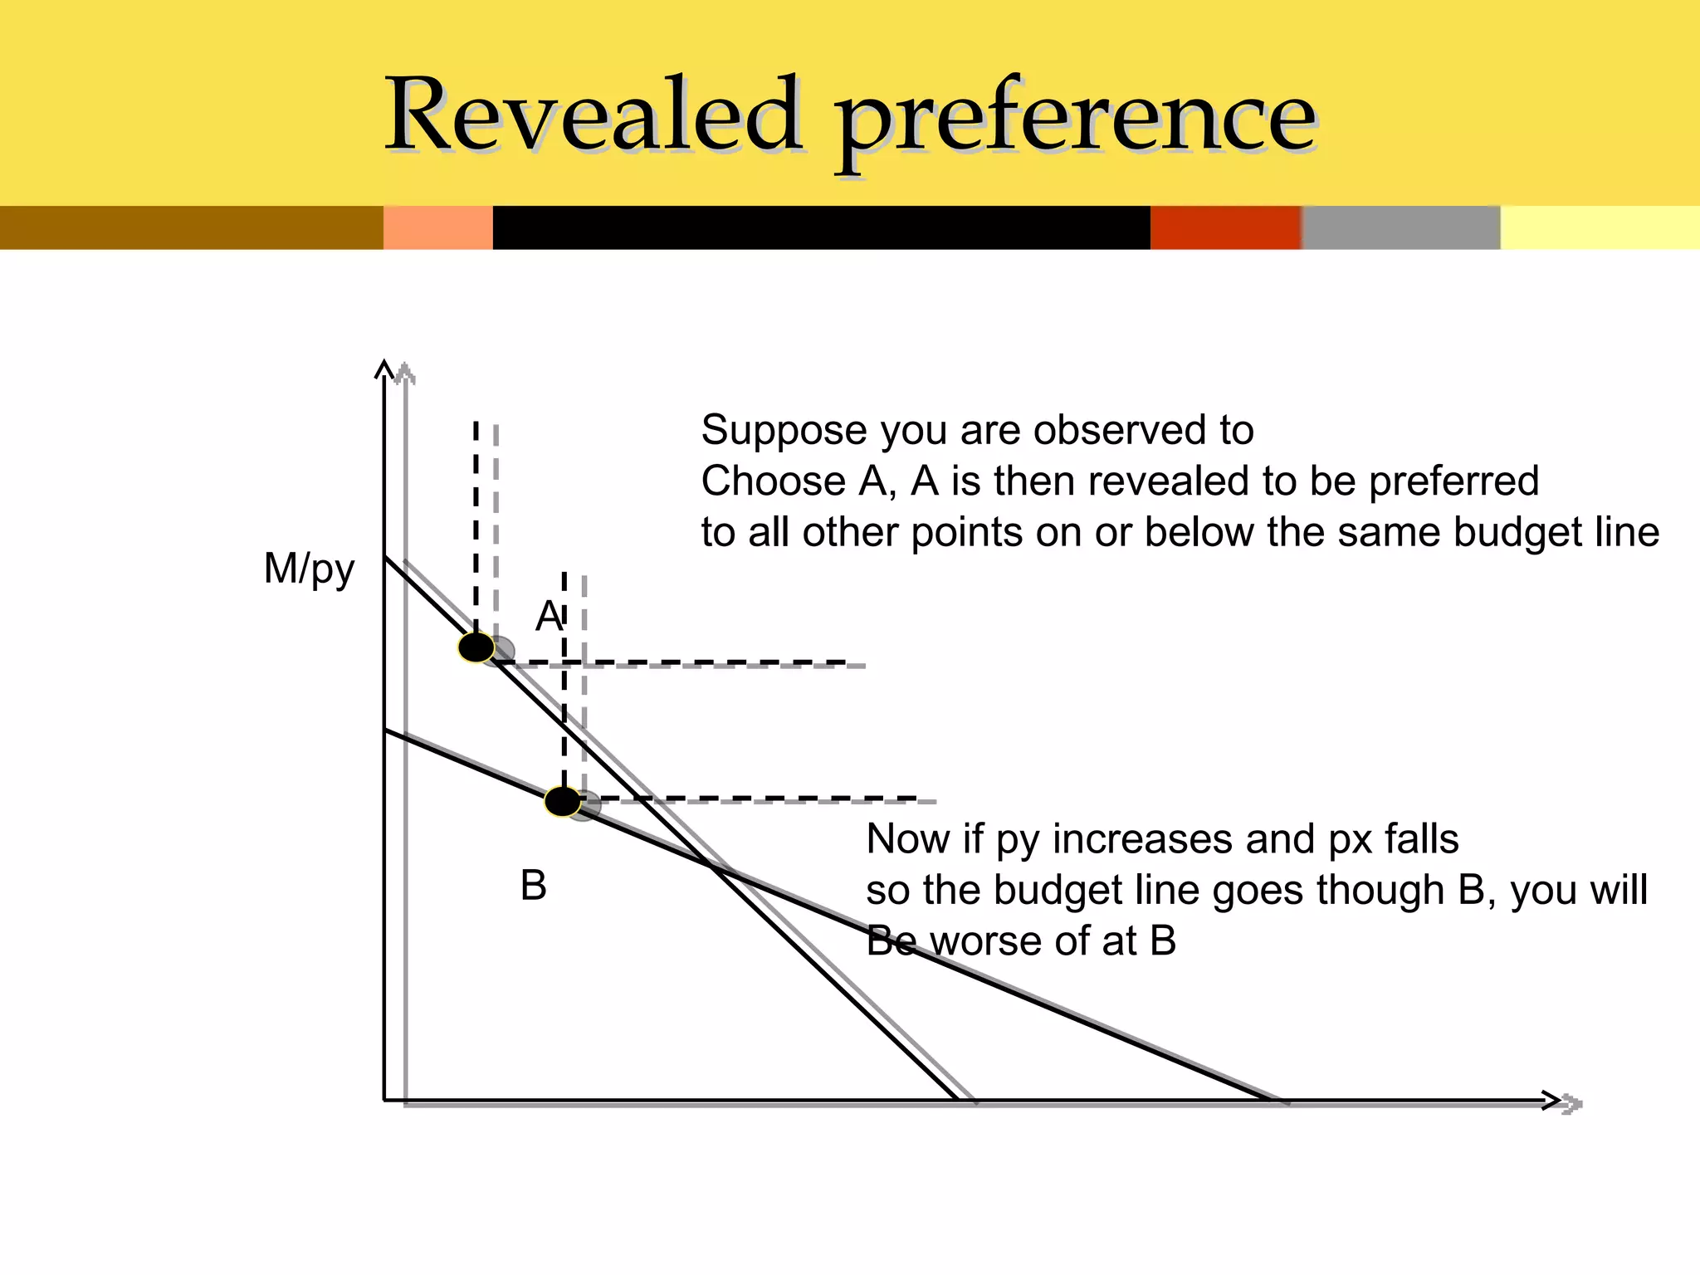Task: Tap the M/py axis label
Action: click(309, 569)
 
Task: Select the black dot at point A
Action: click(476, 647)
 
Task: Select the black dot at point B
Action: click(563, 802)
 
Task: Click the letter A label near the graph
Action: click(549, 617)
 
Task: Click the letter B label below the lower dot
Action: click(533, 886)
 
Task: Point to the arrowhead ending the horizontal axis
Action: click(1551, 1101)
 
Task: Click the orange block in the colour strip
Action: click(437, 227)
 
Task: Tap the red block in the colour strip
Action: click(1225, 227)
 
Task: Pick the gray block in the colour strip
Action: click(1400, 227)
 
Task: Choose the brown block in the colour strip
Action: click(191, 227)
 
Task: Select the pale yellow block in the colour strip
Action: click(1600, 227)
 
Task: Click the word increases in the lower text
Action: click(1141, 839)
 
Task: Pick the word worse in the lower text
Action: click(986, 941)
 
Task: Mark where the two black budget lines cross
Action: click(712, 867)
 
